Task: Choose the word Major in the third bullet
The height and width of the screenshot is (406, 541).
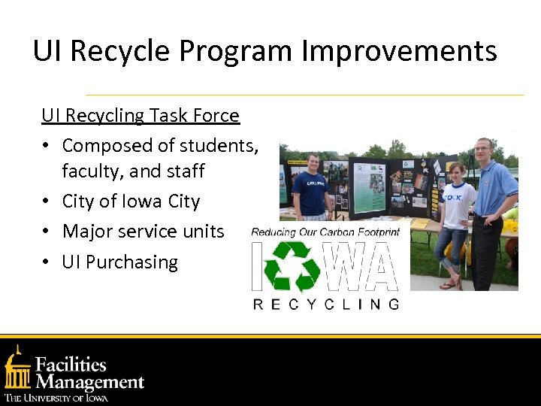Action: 87,232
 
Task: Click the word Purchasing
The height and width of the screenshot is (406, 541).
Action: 131,262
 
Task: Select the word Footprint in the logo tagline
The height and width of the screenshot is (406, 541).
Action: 373,233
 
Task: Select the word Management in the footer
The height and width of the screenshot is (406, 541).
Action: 89,382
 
